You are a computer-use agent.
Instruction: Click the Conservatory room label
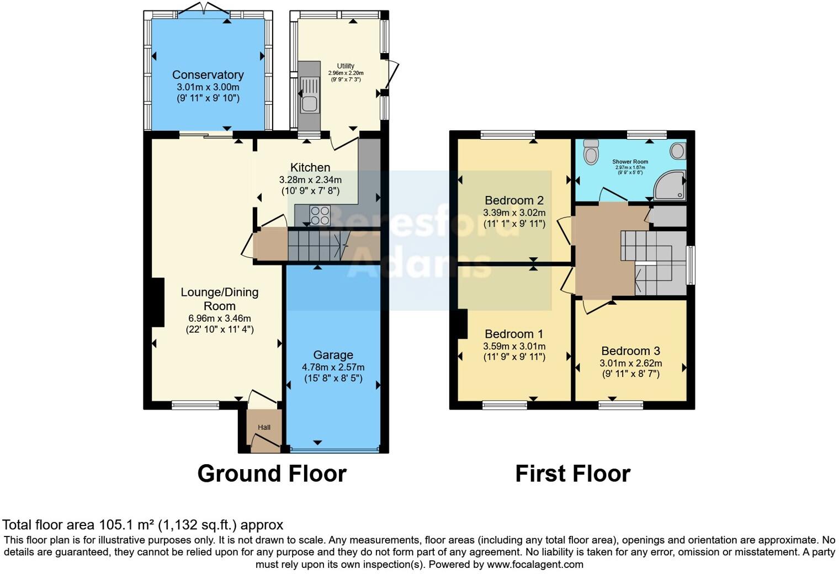208,75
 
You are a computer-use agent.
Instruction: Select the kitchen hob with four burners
320,215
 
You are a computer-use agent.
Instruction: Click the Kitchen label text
310,167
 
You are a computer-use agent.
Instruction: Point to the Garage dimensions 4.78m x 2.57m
333,367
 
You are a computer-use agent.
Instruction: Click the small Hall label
264,427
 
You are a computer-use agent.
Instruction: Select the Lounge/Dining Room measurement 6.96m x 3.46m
219,318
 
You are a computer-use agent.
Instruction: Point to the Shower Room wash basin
678,151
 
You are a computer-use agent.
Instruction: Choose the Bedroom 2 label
514,200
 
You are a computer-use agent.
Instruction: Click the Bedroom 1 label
514,334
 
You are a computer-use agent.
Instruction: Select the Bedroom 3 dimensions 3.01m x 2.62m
630,363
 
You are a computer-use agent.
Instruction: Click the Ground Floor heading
272,474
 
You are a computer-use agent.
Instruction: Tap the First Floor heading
572,474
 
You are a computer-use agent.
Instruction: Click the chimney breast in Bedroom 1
462,324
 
